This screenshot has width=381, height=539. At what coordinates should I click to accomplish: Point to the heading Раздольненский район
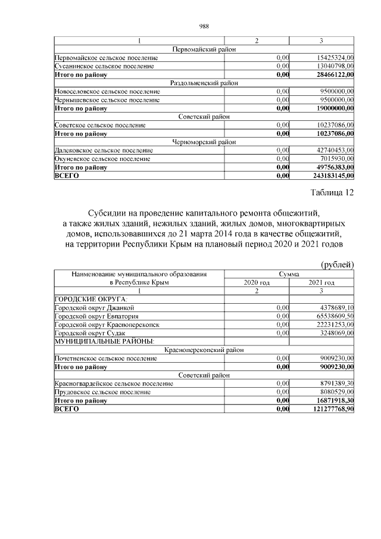pyautogui.click(x=204, y=83)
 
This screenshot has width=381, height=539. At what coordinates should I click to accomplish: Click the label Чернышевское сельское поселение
pyautogui.click(x=107, y=100)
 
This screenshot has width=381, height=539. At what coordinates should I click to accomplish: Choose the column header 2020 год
pyautogui.click(x=257, y=282)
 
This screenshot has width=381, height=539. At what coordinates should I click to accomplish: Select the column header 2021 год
pyautogui.click(x=321, y=282)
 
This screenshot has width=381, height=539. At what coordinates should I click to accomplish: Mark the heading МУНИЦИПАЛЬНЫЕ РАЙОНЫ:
pyautogui.click(x=104, y=341)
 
